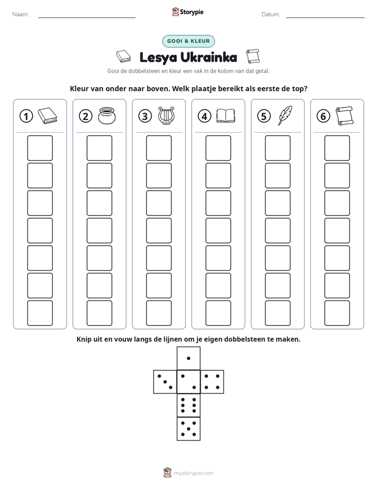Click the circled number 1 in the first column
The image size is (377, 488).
pos(26,116)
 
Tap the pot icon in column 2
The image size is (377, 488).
pos(107,116)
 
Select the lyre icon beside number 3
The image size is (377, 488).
pos(166,116)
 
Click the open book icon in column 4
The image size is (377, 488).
pos(226,116)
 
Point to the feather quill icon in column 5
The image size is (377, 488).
pos(285,116)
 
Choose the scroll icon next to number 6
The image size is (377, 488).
pos(344,116)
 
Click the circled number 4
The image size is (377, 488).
pos(204,116)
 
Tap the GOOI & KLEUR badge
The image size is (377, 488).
pos(188,41)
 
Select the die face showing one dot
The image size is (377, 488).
pos(188,358)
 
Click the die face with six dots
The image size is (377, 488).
pos(188,405)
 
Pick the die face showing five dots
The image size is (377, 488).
pos(188,428)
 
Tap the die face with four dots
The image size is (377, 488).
pos(212,381)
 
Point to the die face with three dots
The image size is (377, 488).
pos(165,381)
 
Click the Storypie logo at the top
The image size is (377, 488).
pos(188,12)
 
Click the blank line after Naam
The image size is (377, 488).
pos(87,17)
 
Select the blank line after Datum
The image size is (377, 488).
pos(325,17)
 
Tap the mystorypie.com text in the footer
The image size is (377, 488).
pos(193,473)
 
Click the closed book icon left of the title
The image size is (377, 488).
pos(124,57)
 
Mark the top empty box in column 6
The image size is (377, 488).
pos(337,148)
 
